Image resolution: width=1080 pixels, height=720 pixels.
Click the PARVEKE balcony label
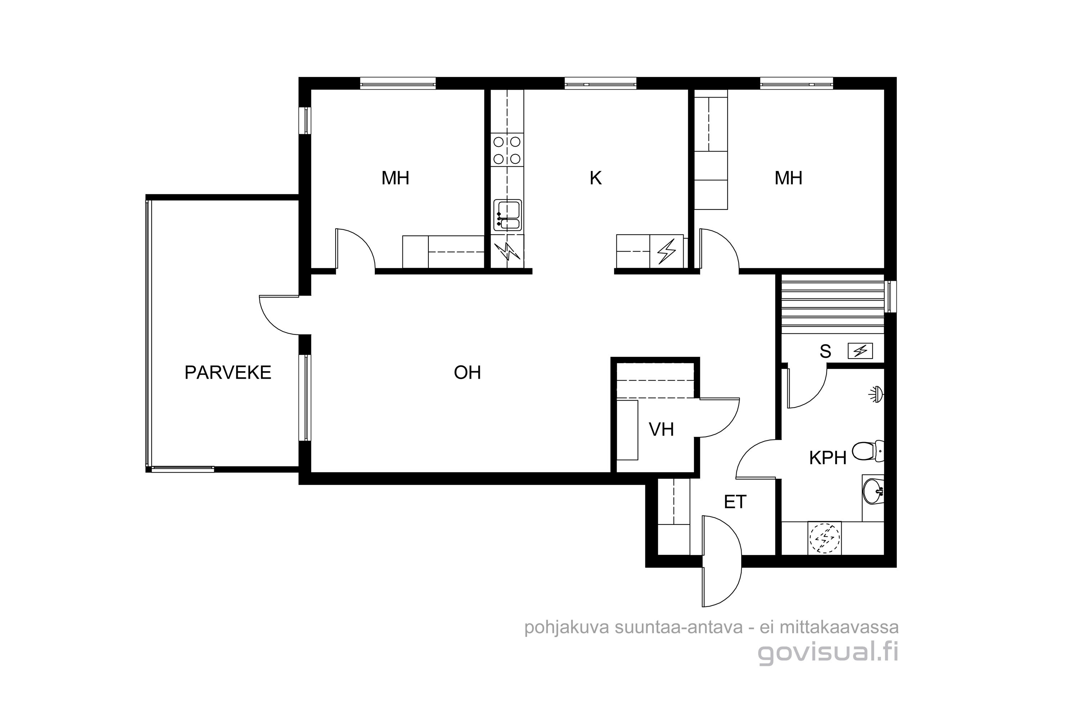228,372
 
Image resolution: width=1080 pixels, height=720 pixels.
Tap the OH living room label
467,372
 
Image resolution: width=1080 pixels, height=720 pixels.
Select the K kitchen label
595,178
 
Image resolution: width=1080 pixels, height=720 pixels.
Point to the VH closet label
661,429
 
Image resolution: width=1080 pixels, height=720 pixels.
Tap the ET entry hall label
735,502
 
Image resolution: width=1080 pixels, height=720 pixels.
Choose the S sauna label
825,351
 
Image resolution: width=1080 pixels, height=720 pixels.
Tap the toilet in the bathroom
868,451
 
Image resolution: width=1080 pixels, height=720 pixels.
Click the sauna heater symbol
860,351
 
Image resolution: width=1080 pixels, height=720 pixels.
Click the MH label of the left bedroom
395,178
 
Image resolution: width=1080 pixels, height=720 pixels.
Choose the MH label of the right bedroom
788,178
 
